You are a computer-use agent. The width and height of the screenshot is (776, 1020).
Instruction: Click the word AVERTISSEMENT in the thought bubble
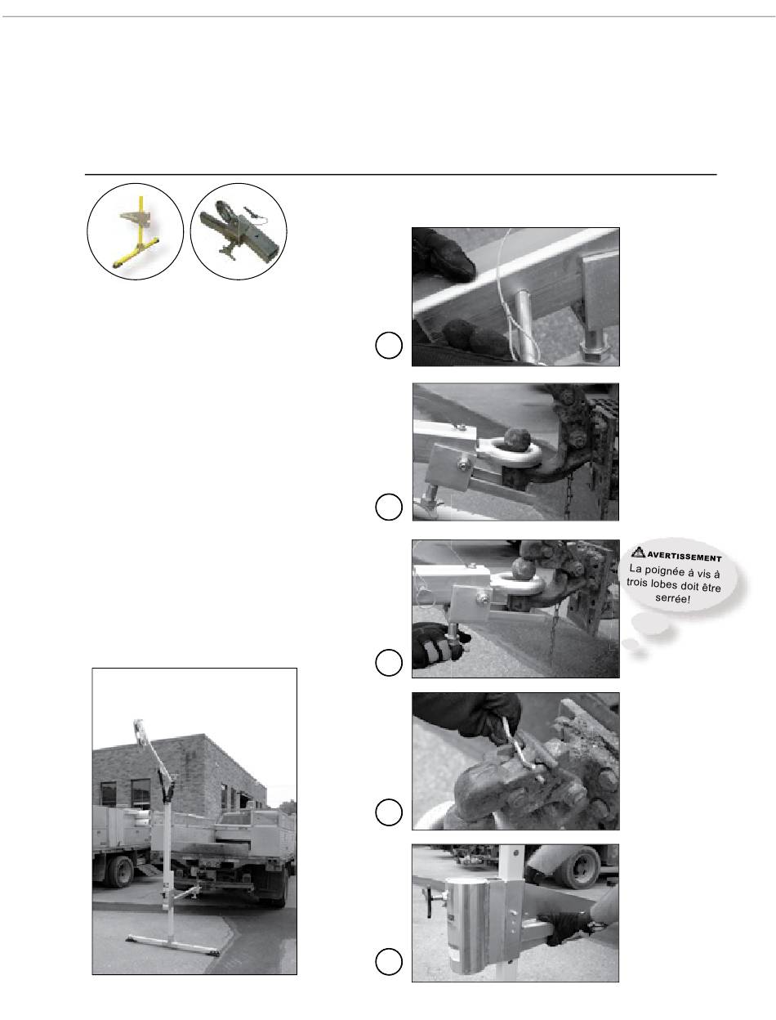click(x=684, y=557)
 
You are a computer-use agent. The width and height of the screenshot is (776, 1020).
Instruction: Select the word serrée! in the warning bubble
click(x=672, y=598)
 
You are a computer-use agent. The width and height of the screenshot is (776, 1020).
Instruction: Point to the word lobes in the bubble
click(x=666, y=584)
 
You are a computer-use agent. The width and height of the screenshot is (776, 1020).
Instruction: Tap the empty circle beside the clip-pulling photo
click(x=389, y=812)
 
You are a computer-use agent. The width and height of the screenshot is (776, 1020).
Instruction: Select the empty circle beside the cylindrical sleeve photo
click(x=389, y=961)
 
